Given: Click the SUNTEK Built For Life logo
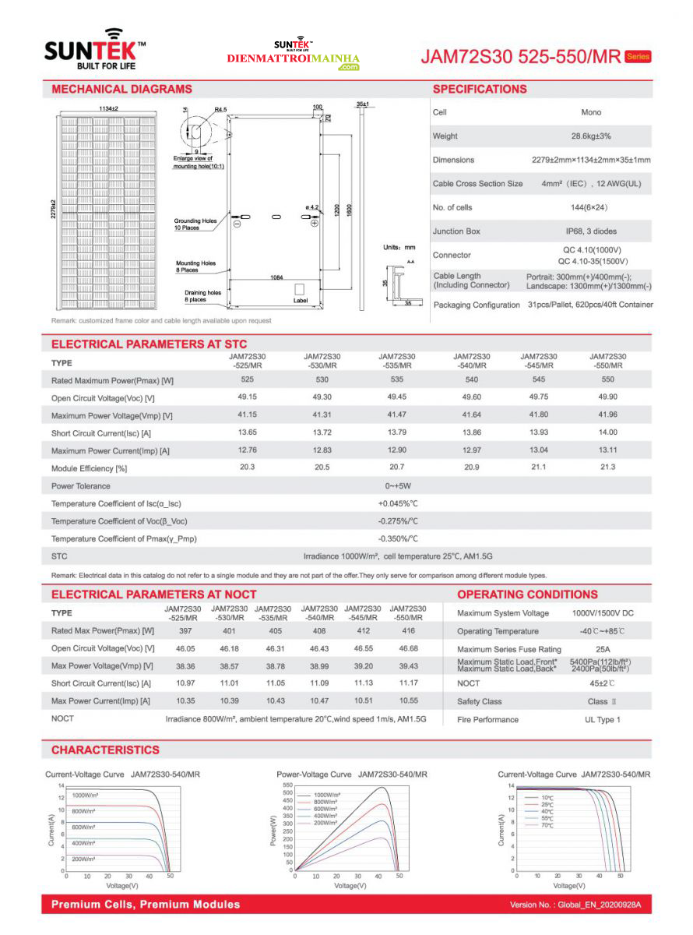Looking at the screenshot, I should pos(94,51).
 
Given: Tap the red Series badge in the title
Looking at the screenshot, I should pos(638,57).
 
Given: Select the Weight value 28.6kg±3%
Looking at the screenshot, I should pos(591,136).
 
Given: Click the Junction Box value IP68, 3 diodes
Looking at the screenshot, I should pos(591,231).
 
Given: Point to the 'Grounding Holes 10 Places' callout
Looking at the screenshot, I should pos(195,224).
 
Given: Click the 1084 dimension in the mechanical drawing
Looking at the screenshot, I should pos(276,277).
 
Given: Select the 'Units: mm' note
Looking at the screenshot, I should pos(400,247).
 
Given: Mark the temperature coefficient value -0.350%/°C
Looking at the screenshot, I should pos(398,538).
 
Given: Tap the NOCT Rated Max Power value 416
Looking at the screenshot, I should pos(408,630).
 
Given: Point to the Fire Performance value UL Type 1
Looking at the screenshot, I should pos(603,719).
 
